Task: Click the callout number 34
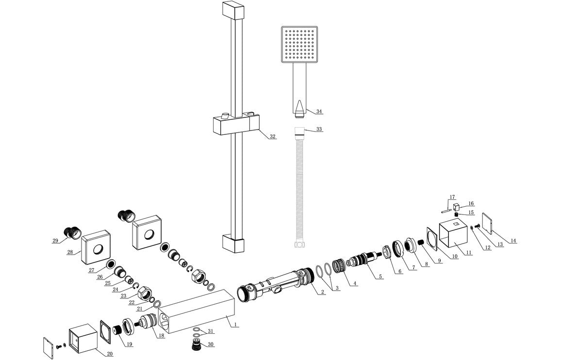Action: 319,112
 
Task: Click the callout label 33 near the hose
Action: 319,130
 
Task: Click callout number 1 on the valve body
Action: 235,325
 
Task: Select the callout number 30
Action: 210,344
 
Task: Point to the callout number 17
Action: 452,197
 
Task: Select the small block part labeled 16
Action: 457,208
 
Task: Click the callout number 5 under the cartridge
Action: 380,277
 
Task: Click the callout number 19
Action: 130,344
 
